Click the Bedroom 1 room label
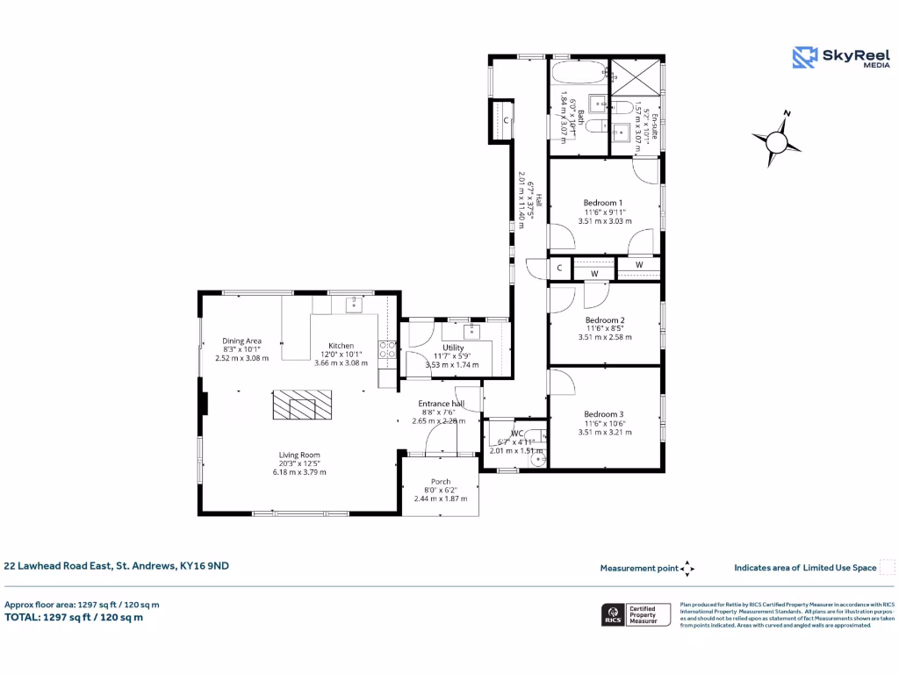[603, 203]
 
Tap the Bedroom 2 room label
[605, 320]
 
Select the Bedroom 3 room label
[604, 414]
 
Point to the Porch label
[440, 482]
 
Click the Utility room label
[453, 348]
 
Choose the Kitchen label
[341, 346]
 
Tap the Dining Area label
[241, 341]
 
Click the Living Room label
[298, 455]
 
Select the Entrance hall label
[440, 403]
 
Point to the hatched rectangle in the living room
[293, 407]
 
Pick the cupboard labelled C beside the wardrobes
[559, 267]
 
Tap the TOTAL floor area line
[74, 617]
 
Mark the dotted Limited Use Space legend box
[887, 567]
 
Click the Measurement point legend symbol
[687, 569]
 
